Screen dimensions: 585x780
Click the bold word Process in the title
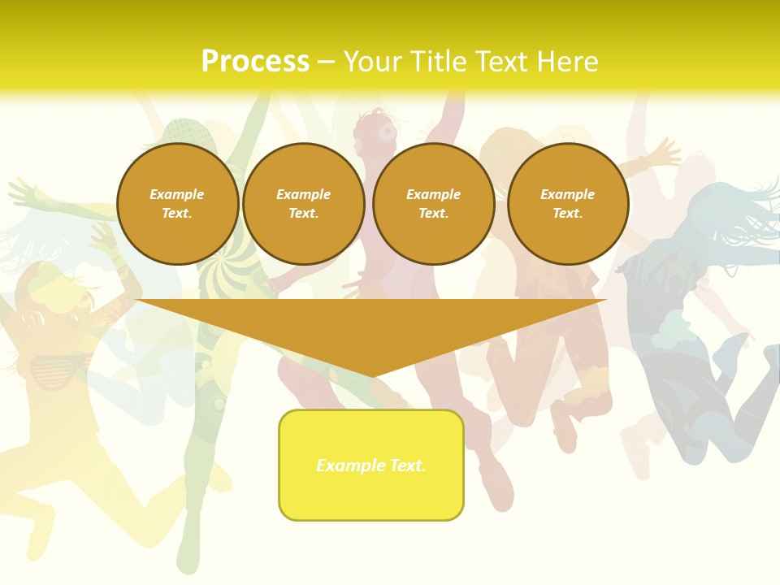coord(255,62)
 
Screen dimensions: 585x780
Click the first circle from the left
coord(178,204)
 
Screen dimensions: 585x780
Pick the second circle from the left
coord(304,204)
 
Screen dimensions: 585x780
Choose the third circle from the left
coord(434,204)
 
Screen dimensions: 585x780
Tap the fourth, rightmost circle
coord(568,204)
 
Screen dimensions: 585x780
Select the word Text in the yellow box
coord(406,466)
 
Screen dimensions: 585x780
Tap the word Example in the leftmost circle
coord(177,194)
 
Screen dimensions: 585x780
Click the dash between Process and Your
coord(326,62)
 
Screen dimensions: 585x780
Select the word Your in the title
coord(375,62)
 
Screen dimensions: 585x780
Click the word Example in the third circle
coord(433,194)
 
